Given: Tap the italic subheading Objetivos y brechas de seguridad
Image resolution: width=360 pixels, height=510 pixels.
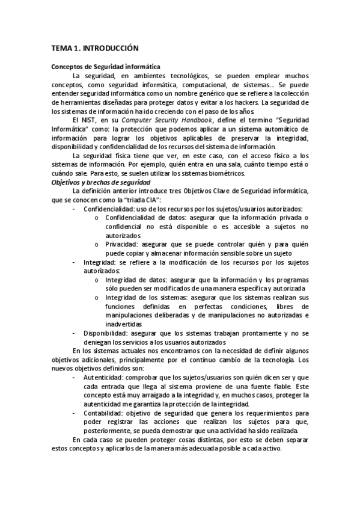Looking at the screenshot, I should click(x=100, y=182).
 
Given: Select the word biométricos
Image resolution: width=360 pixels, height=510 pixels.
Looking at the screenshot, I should click(x=225, y=174).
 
